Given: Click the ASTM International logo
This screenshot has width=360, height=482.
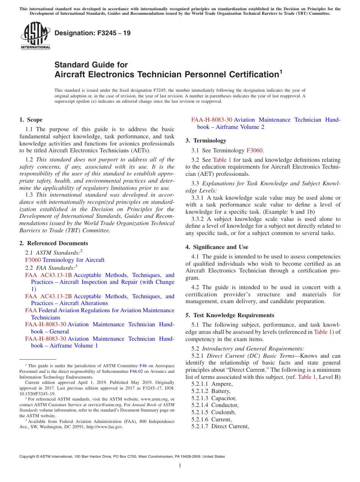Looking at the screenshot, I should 35,36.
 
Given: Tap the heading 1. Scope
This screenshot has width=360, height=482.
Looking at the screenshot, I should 31,120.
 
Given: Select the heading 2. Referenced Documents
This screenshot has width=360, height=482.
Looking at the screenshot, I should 53,243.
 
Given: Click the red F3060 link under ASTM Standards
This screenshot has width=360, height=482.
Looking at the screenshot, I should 33,260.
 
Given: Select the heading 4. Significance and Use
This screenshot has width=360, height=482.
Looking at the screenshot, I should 217,247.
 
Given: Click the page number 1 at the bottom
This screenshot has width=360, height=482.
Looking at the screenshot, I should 180,465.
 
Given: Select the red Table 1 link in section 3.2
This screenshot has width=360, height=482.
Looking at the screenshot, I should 222,160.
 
